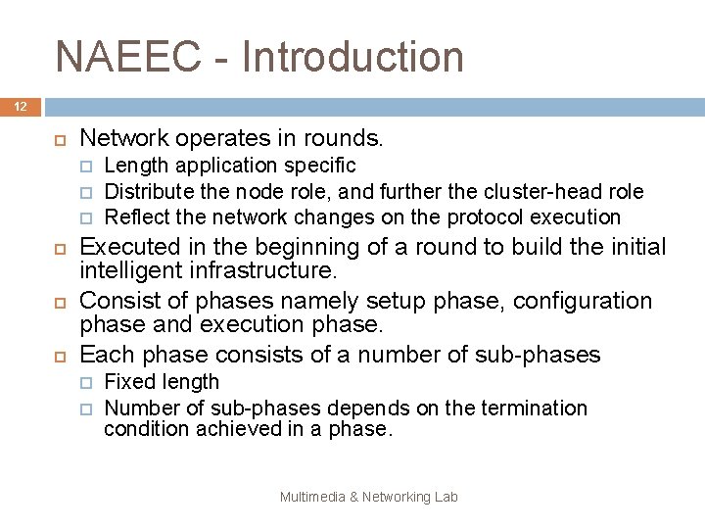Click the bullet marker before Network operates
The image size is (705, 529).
click(58, 139)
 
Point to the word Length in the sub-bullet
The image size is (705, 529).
click(136, 166)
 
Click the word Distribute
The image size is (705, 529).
click(147, 191)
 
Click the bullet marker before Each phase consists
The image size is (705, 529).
click(58, 354)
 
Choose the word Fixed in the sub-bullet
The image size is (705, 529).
click(127, 381)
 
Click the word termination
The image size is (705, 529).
click(530, 407)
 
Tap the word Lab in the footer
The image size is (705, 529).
click(446, 497)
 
